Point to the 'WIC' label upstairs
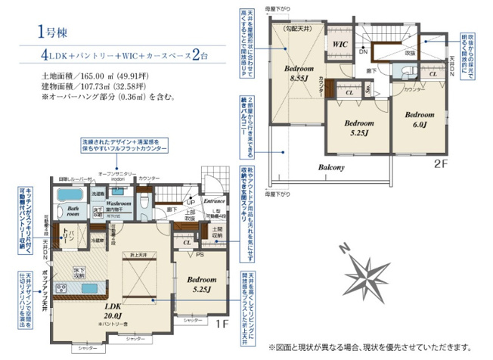point(339,45)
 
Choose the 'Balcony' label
point(330,167)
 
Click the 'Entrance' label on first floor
point(215,201)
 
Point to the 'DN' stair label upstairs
point(363,51)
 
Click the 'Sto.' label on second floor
point(367,88)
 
